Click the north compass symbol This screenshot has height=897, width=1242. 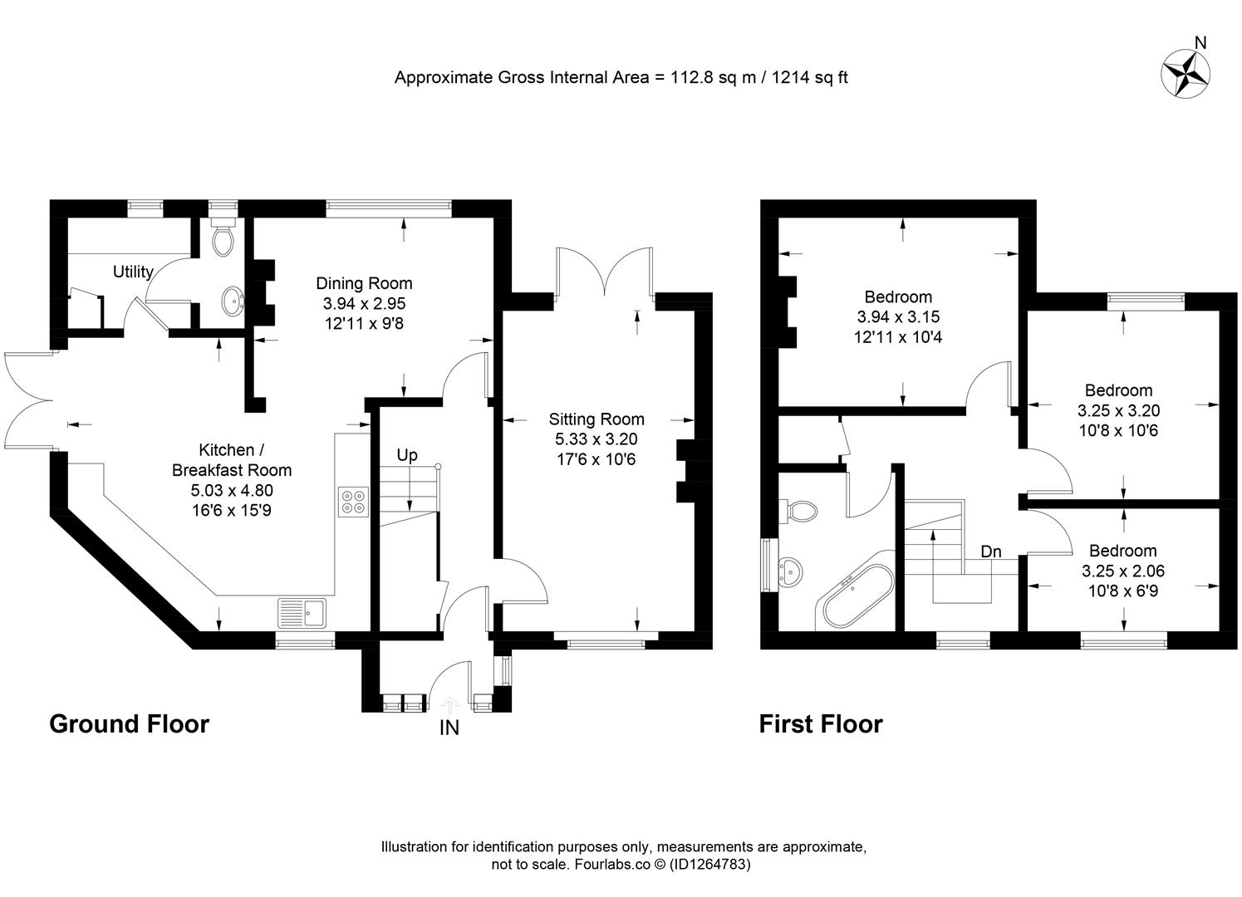[1186, 73]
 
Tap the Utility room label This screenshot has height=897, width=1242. [133, 272]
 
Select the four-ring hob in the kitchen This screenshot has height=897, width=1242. [352, 502]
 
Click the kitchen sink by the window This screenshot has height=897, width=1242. [304, 613]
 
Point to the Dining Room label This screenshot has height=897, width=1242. [364, 283]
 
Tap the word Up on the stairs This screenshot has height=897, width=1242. [406, 455]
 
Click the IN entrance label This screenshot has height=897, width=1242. [449, 729]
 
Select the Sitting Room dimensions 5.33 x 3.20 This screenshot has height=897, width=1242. [596, 439]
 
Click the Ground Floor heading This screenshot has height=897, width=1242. [129, 723]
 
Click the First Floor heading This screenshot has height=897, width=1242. [820, 723]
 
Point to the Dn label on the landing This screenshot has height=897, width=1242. [990, 551]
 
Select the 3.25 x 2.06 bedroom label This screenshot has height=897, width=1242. [1123, 571]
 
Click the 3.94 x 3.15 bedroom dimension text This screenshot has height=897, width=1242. [898, 316]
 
